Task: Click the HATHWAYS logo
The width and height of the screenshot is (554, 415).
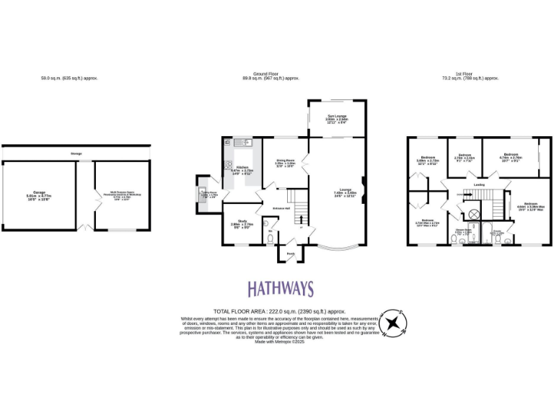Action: click(x=281, y=289)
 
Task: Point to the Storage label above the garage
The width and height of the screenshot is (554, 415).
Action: click(x=76, y=153)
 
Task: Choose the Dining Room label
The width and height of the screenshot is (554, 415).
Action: click(x=285, y=162)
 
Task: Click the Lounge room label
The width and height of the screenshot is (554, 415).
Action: click(x=341, y=192)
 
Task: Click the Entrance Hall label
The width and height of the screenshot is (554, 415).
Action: click(x=282, y=208)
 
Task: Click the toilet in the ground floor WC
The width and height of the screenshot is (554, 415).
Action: click(x=270, y=240)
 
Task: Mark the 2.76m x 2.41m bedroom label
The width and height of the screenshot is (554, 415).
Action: click(x=465, y=156)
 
